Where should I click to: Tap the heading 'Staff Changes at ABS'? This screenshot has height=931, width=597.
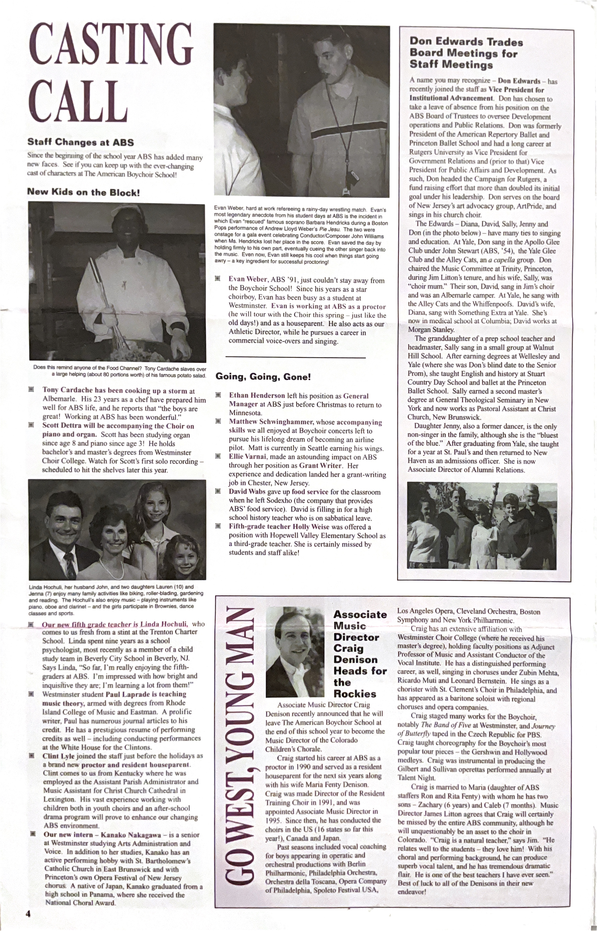(80, 142)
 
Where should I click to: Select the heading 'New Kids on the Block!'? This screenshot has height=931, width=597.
(83, 192)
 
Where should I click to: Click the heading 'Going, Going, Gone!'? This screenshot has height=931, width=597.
(263, 377)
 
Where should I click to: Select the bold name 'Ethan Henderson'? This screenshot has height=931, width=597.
(257, 396)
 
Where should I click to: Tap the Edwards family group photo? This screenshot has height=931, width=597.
(482, 526)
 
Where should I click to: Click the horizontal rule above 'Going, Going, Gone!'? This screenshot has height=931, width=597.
(295, 357)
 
